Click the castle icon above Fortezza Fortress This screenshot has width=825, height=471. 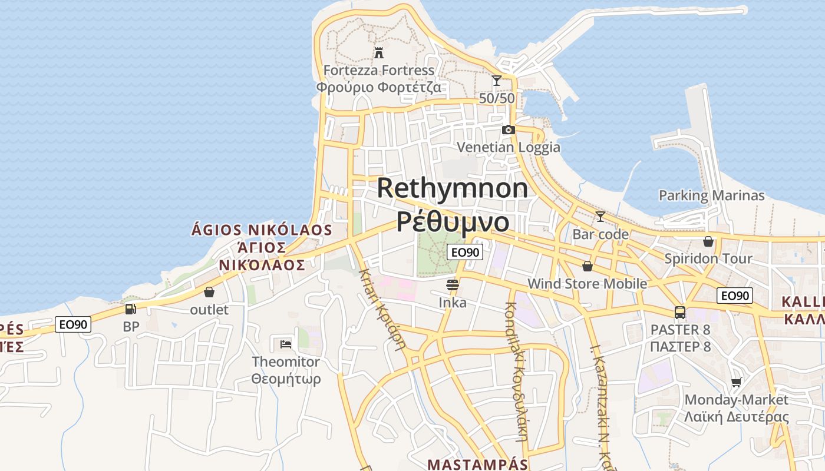[x=379, y=53]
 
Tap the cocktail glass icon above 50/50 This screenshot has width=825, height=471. [x=497, y=81]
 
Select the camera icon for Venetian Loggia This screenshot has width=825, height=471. [x=509, y=130]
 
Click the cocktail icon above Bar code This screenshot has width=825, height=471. [x=600, y=217]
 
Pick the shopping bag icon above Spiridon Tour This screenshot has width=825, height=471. [x=708, y=241]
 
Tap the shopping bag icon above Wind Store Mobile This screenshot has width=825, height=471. [x=587, y=266]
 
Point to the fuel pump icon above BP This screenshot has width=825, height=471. [x=131, y=309]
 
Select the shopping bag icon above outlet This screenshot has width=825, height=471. [x=209, y=292]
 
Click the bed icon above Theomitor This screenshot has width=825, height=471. [x=286, y=344]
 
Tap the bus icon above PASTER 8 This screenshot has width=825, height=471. [x=680, y=313]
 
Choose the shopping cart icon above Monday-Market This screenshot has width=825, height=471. [x=736, y=383]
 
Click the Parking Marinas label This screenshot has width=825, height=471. [x=711, y=195]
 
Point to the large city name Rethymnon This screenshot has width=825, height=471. [x=453, y=188]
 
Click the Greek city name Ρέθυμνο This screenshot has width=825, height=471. [x=453, y=222]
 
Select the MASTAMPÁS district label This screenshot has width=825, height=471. [x=477, y=464]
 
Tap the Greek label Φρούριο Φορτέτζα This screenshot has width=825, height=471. [x=379, y=88]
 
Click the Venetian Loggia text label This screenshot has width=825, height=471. [x=509, y=147]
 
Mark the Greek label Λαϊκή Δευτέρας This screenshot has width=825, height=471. [x=736, y=417]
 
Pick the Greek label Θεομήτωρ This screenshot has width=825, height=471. [x=286, y=379]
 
